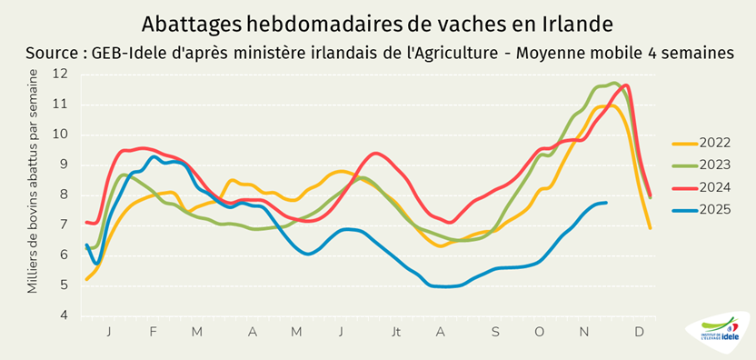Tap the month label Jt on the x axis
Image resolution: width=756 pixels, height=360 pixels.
tap(396, 333)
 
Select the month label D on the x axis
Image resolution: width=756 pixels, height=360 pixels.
tap(639, 333)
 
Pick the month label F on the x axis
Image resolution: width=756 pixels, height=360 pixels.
tap(153, 333)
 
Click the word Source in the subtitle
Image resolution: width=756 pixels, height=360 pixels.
tap(54, 53)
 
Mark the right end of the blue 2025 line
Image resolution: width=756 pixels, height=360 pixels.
tap(606, 203)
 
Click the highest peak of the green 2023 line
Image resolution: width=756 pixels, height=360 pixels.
tap(615, 84)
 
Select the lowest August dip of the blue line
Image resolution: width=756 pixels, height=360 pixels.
tap(445, 286)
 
